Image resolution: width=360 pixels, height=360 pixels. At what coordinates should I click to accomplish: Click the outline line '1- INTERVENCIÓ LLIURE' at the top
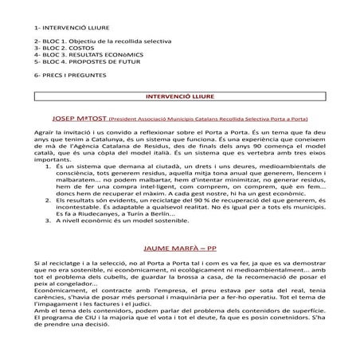point(65,28)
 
